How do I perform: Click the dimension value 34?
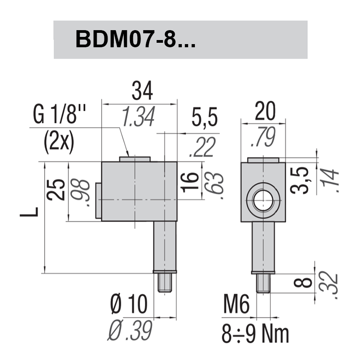142,92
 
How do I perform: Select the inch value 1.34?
139,117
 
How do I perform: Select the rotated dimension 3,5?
301,180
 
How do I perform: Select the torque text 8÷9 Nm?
255,333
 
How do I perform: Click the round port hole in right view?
262,200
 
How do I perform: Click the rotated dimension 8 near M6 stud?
306,283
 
